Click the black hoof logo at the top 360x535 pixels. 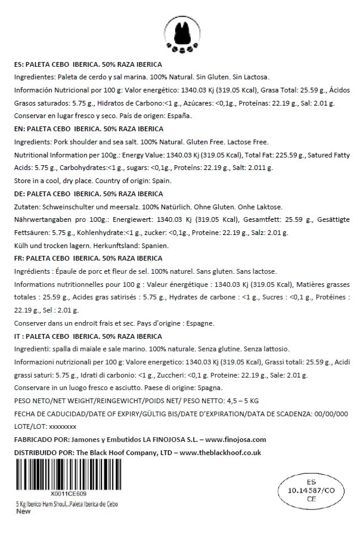coord(180,32)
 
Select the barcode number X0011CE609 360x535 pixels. coord(69,494)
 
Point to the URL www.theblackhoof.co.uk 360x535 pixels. coord(220,452)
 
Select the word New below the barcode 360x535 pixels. coord(23,511)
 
